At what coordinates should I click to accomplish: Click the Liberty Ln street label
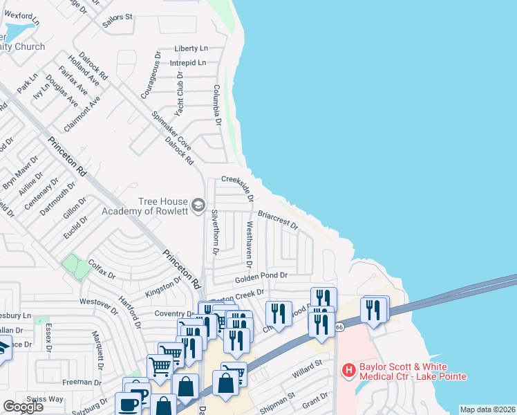click(191, 48)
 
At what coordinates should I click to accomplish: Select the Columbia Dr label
click(216, 104)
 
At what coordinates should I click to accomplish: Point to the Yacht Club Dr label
click(179, 93)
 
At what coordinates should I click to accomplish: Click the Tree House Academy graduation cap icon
click(198, 205)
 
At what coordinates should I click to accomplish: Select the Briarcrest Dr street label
click(277, 219)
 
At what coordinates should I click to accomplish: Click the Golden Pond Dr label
click(261, 276)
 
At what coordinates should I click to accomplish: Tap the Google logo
click(23, 406)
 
